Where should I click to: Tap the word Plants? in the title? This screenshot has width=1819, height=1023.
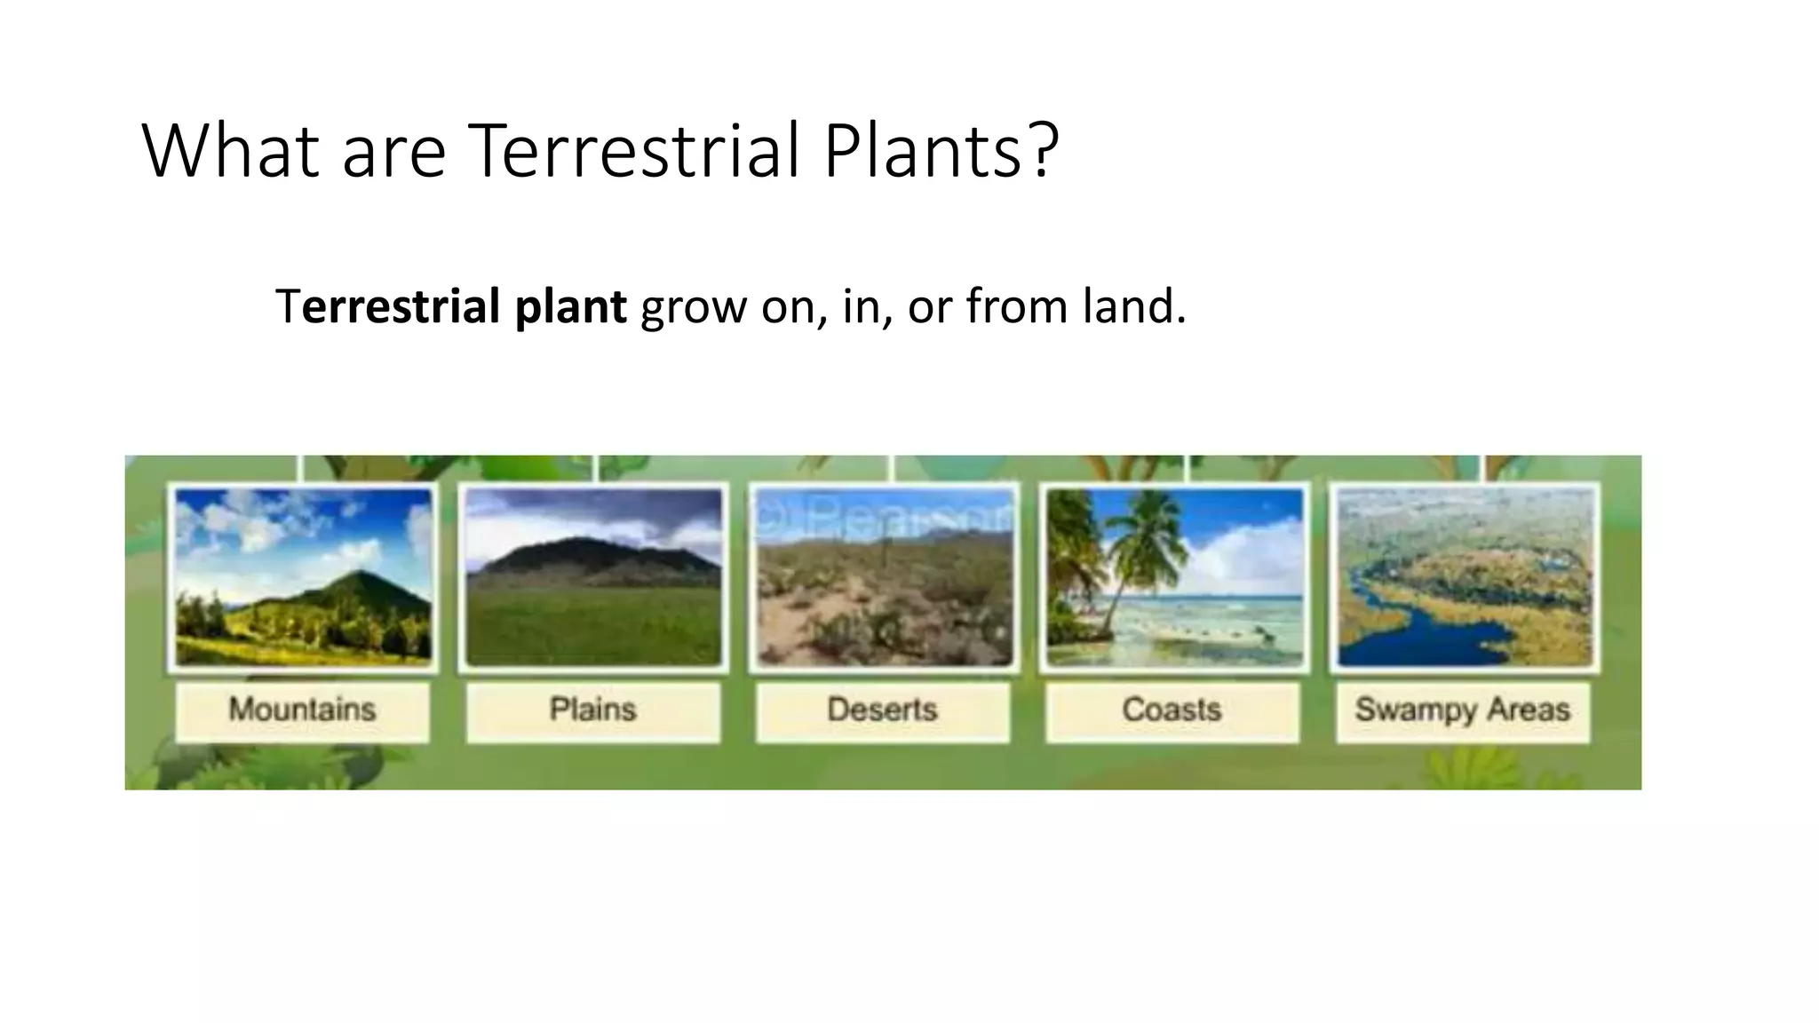pyautogui.click(x=941, y=150)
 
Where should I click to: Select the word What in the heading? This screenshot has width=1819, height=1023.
pyautogui.click(x=230, y=150)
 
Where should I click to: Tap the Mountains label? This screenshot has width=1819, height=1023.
pyautogui.click(x=302, y=710)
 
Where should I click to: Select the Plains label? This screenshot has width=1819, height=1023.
pyautogui.click(x=592, y=710)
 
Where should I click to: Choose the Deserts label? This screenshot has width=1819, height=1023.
pyautogui.click(x=882, y=710)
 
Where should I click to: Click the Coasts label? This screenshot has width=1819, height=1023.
pyautogui.click(x=1172, y=710)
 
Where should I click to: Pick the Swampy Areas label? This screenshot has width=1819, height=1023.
pyautogui.click(x=1462, y=710)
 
